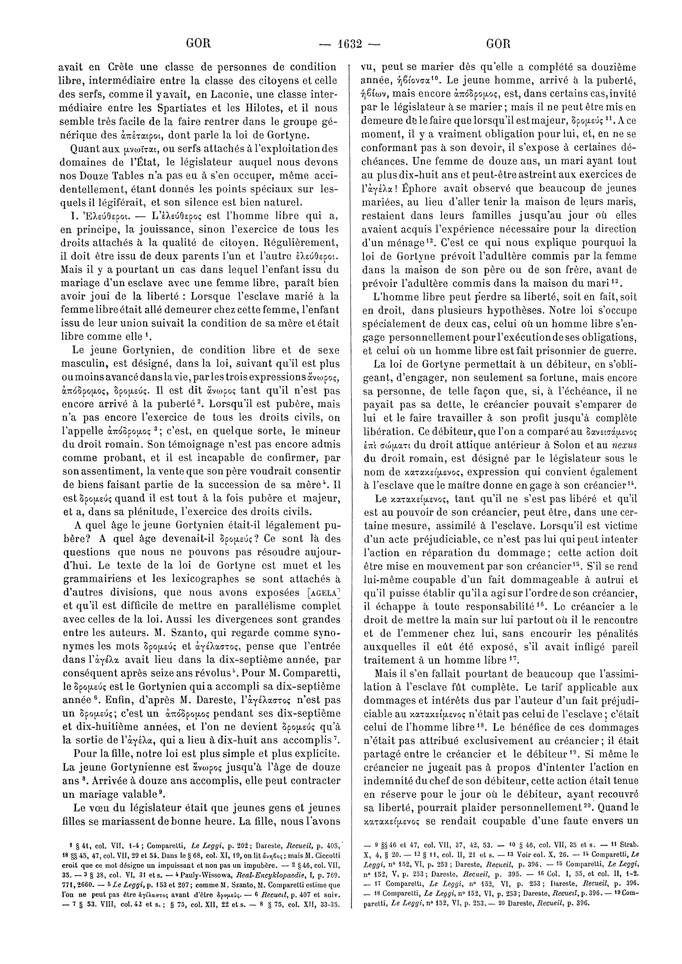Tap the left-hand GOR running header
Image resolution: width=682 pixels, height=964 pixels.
[198, 44]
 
